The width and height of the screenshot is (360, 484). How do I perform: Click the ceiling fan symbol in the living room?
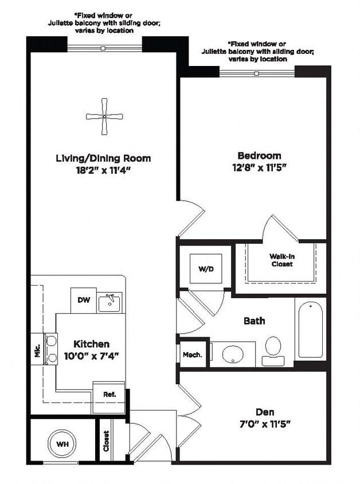[x=104, y=116]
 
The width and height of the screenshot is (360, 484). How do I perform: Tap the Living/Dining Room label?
[x=103, y=158]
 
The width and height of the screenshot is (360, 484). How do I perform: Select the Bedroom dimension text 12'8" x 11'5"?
[x=260, y=167]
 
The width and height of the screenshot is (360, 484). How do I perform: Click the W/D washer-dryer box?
[x=206, y=269]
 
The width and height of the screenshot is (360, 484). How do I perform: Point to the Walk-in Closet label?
[x=281, y=260]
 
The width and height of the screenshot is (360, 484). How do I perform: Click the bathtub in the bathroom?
[x=310, y=329]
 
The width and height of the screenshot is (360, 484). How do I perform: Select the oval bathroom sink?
[x=233, y=354]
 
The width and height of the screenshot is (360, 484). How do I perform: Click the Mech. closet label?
[x=193, y=355]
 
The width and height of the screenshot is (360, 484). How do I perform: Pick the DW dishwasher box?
[x=83, y=300]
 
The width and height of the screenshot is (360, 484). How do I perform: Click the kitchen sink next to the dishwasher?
[x=109, y=302]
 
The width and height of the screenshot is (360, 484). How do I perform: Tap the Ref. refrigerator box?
[x=109, y=394]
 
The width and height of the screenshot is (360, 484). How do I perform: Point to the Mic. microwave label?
[x=37, y=350]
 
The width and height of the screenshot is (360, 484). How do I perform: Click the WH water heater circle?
[x=62, y=443]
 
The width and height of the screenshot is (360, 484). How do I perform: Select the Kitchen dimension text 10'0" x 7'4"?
[x=91, y=356]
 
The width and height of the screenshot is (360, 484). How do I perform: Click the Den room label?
[x=264, y=412]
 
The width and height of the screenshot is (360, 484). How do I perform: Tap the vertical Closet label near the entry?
[x=107, y=440]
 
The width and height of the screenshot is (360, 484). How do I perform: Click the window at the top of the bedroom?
[x=257, y=72]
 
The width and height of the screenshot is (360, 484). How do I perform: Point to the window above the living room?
[x=104, y=48]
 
